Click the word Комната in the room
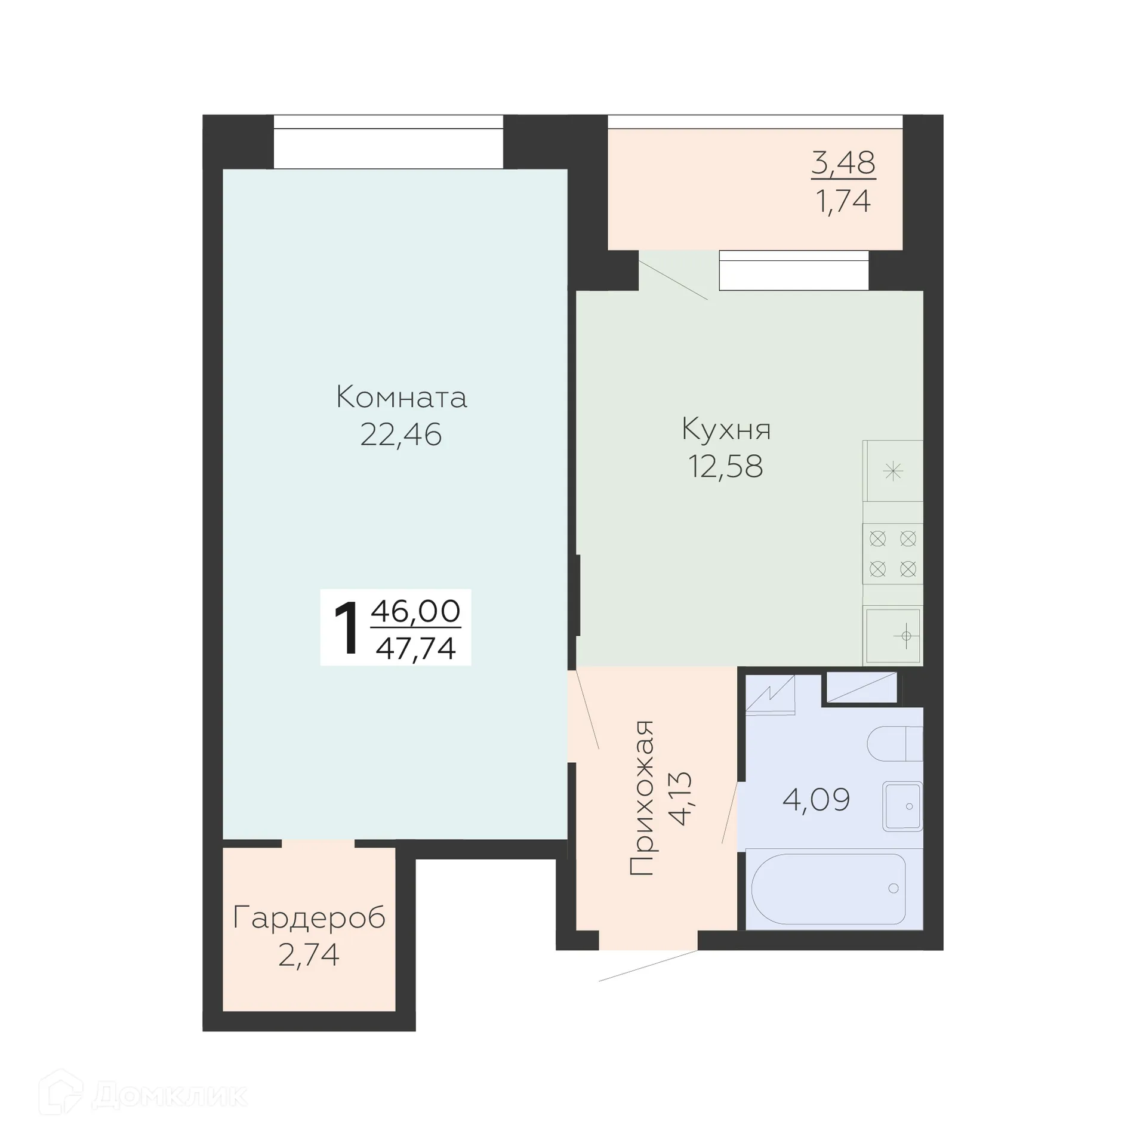(401, 397)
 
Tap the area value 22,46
(401, 435)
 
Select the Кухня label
(726, 429)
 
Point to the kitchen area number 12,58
(725, 466)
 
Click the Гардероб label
(309, 917)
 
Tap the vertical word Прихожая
(642, 798)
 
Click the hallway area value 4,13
(680, 798)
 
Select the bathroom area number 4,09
(816, 799)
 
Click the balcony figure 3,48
(843, 162)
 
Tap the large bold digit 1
(347, 629)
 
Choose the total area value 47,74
(415, 648)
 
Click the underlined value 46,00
(415, 611)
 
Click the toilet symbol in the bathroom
(894, 744)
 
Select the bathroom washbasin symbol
(902, 806)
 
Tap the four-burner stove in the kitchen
(892, 553)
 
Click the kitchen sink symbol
(893, 635)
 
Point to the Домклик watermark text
(170, 1095)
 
